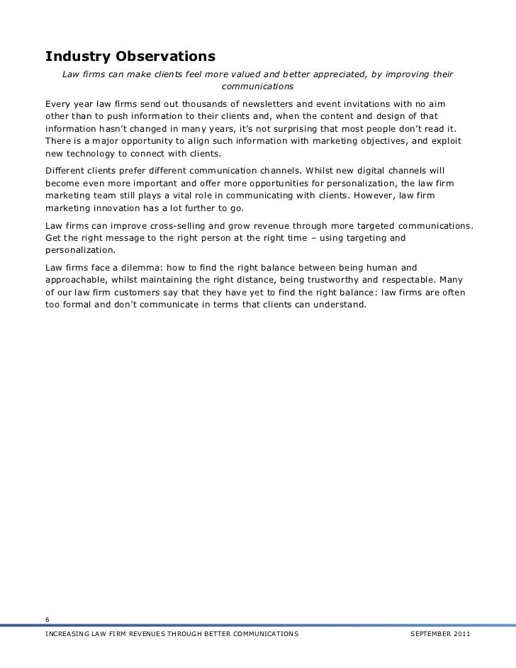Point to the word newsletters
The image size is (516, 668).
click(x=257, y=103)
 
